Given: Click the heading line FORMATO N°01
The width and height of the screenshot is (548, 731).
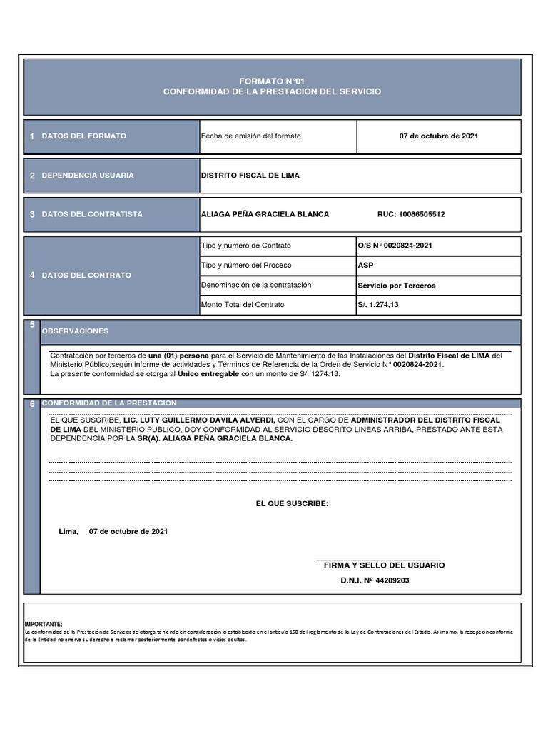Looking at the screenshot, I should click(272, 81).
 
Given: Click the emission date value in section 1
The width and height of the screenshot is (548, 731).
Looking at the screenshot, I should click(438, 136).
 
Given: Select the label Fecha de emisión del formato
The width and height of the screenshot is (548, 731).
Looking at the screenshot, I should click(251, 136).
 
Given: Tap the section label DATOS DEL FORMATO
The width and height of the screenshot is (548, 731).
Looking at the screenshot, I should click(84, 136).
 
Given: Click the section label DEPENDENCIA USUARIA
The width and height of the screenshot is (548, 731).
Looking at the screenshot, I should click(88, 176).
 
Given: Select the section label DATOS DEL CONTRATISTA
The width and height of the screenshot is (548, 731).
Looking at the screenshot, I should click(92, 214).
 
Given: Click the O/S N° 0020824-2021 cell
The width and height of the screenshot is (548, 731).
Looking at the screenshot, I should click(395, 246).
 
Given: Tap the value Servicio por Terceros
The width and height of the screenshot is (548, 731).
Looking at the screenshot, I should click(397, 286).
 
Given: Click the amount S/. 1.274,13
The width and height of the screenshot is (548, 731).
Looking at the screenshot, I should click(379, 305).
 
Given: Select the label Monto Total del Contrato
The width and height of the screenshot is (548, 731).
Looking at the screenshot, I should click(243, 305).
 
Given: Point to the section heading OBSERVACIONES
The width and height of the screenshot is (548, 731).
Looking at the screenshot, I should click(75, 331).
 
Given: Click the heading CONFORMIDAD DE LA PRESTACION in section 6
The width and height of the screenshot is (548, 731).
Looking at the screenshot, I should click(109, 403).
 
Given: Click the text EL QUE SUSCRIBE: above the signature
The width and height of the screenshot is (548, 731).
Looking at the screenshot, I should click(292, 504).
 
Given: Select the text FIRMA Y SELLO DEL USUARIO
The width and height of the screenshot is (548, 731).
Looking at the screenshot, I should click(384, 565).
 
